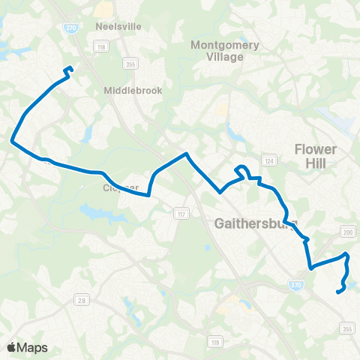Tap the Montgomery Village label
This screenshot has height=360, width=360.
(x=225, y=50)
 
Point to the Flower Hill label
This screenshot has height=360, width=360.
(x=316, y=156)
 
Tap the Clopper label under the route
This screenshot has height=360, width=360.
(x=121, y=187)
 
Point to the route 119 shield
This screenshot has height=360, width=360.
(x=216, y=343)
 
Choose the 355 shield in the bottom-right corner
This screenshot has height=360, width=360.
(x=346, y=328)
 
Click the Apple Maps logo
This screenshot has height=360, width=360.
(x=26, y=347)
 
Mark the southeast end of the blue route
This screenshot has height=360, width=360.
(x=338, y=292)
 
